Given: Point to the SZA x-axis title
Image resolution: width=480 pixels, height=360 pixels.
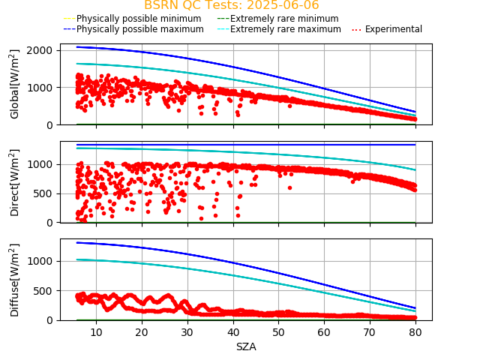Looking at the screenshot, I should click(x=246, y=346).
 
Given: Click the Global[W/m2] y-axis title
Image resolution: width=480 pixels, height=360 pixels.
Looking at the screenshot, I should click(x=15, y=84).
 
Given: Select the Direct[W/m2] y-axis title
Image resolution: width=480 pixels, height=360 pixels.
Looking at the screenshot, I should click(x=15, y=182).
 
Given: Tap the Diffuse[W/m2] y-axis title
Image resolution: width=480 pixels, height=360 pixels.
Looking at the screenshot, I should click(x=15, y=280).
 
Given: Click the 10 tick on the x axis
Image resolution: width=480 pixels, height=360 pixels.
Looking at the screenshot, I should click(x=96, y=331).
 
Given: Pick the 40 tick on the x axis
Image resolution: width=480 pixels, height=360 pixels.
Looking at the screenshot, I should click(x=232, y=331).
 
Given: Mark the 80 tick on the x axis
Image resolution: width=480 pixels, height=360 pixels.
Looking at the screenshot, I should click(x=415, y=331).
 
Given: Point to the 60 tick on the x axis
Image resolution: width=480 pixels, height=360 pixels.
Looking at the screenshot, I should click(x=324, y=331).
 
